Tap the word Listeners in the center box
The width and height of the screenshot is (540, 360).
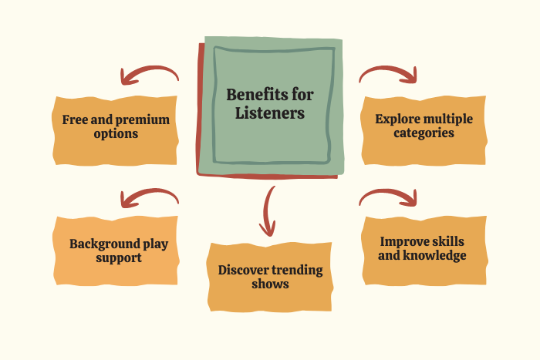pos(270,113)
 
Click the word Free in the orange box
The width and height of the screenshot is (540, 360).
pos(76,119)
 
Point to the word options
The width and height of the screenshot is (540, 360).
pos(116,133)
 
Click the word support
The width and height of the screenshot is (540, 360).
pos(119,257)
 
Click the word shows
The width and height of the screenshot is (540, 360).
pos(270,284)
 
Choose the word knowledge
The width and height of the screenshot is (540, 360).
pos(437,256)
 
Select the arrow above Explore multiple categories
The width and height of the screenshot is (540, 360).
pos(389,72)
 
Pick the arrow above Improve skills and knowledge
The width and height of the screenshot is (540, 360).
pos(389,197)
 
